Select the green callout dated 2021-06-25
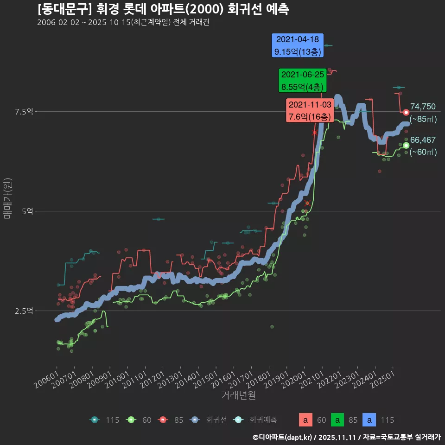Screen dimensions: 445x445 [303, 80]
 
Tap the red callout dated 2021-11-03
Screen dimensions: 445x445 [309, 111]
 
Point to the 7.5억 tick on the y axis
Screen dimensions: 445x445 [24, 111]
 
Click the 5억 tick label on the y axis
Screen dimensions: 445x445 [27, 211]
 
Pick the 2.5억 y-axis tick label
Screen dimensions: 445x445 [24, 311]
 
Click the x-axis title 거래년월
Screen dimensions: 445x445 [238, 395]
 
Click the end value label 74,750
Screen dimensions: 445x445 [423, 107]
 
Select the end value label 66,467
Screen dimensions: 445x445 [423, 140]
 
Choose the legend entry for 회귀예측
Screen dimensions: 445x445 [257, 420]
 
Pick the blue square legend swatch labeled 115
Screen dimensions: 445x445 [369, 420]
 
